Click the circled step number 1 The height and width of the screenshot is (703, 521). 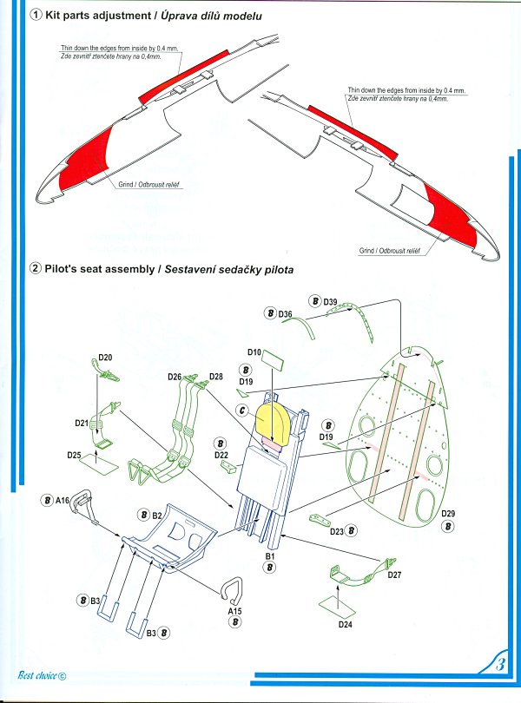coord(36,16)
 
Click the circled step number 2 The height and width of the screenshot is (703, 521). coord(36,269)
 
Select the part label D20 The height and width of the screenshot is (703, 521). coord(106,357)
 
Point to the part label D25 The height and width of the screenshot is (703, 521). coord(74,455)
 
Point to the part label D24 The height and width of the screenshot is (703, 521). coord(344,622)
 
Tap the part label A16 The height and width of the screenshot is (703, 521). coord(62,500)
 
